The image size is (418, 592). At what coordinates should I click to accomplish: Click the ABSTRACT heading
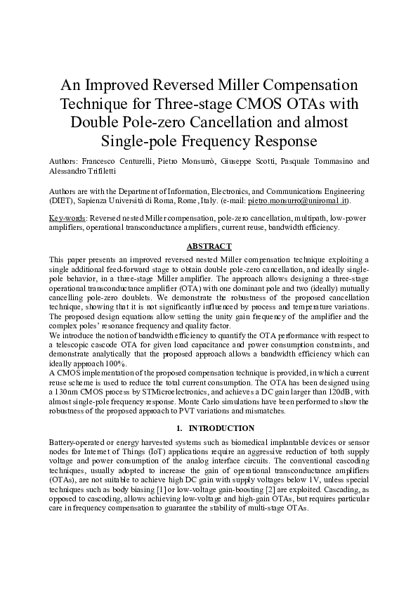pos(209,246)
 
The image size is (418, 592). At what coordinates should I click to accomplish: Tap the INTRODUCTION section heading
pos(216,427)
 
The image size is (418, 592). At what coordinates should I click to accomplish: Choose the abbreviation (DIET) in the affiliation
pos(61,200)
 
